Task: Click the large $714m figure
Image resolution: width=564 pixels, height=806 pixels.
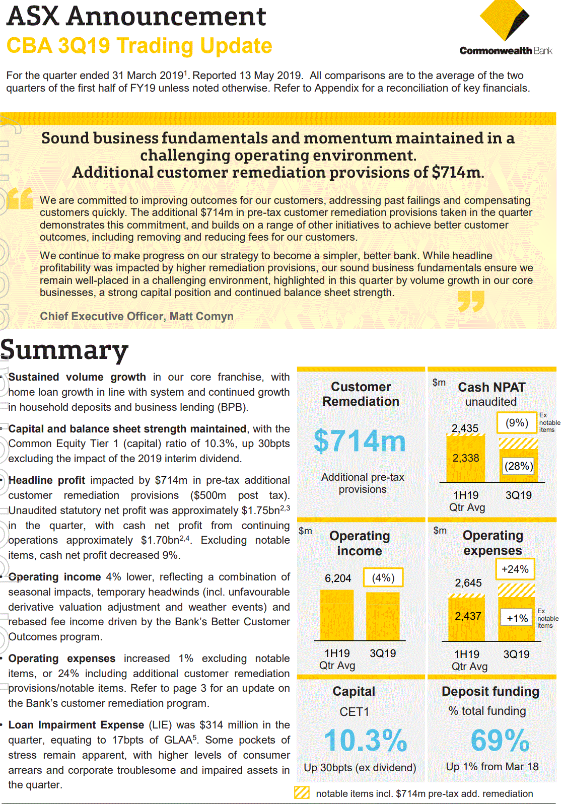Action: [x=360, y=441]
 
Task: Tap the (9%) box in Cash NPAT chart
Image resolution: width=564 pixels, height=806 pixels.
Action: [x=517, y=423]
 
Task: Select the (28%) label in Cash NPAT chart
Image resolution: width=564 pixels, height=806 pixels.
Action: [x=518, y=466]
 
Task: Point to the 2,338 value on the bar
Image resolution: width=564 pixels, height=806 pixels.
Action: [x=465, y=458]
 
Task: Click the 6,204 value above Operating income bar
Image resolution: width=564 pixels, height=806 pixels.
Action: [x=338, y=578]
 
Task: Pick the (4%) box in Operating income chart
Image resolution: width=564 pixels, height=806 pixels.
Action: [x=383, y=578]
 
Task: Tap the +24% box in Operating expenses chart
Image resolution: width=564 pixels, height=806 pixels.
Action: [x=515, y=569]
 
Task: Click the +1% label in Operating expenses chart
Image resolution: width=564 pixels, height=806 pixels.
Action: [x=517, y=618]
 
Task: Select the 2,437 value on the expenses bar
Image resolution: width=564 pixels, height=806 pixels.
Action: [x=468, y=616]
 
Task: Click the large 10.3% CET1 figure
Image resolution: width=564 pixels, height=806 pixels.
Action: [x=365, y=741]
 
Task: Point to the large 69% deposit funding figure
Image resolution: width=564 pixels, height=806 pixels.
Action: [x=500, y=741]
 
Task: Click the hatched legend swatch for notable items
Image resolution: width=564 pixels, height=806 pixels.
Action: [x=302, y=793]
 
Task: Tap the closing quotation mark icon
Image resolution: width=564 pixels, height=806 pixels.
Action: [x=471, y=301]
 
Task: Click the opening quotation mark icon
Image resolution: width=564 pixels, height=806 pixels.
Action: [x=21, y=198]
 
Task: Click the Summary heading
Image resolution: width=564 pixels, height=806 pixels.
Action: [x=64, y=350]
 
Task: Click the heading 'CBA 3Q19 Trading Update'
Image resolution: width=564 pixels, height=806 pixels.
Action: [x=139, y=46]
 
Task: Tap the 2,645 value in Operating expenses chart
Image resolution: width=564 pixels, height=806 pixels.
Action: [x=468, y=583]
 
